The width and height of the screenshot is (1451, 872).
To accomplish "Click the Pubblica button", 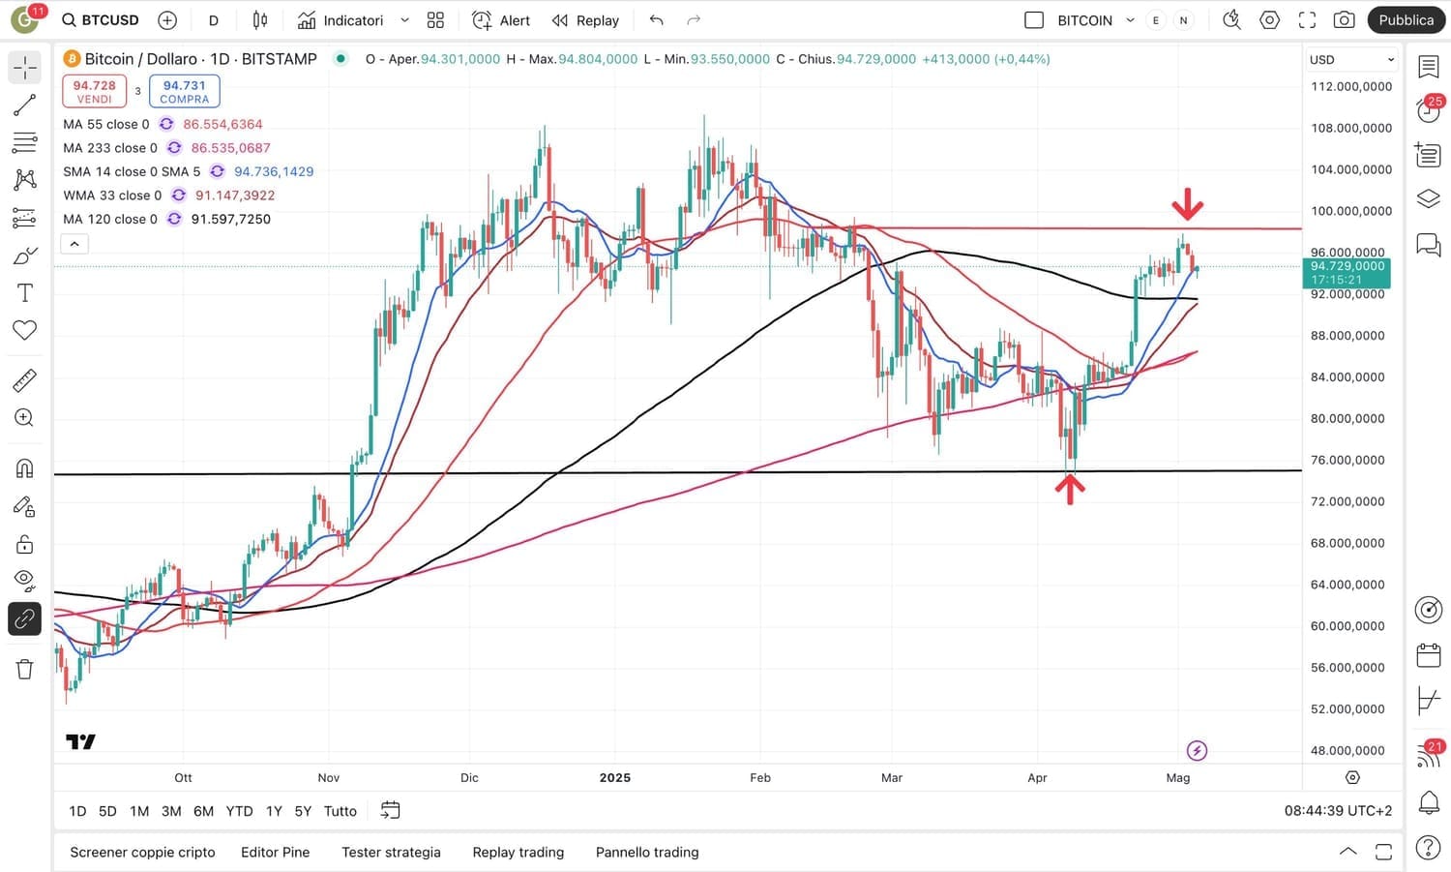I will point(1406,20).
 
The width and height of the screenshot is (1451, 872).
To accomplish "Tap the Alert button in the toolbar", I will point(501,20).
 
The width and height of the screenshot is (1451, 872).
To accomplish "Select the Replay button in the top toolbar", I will point(585,20).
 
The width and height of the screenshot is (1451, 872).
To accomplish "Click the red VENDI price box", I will point(94,91).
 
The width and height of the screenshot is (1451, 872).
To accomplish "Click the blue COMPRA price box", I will point(184,91).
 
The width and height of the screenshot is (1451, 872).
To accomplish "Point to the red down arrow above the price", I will point(1187,204).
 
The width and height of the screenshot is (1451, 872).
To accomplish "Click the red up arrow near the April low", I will point(1069,489).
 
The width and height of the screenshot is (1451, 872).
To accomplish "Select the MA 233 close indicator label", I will point(109,148).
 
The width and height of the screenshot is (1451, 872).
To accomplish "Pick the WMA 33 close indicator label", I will point(112,195).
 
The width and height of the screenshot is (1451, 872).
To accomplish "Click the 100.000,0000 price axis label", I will point(1350,211).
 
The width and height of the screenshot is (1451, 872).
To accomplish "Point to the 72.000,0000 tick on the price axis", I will point(1347,501).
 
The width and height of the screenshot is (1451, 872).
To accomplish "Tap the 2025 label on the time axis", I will point(614,778).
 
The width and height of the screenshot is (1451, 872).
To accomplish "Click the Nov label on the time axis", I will point(329,778).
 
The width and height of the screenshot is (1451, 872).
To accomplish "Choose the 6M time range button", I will point(203,811).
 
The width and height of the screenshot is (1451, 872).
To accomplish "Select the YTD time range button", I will point(239,811).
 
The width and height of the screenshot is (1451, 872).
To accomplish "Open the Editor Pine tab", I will point(275,853).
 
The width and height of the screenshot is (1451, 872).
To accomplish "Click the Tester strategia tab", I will point(391,853).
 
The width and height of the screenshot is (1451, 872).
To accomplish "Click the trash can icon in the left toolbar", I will point(24,669).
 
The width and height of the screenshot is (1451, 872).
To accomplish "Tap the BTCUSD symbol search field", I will point(101,20).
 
